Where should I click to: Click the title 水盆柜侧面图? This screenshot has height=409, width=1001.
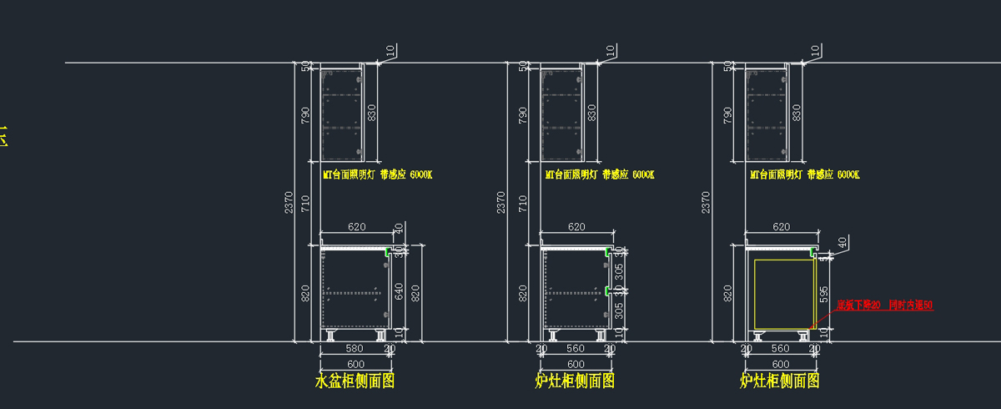tap(355, 381)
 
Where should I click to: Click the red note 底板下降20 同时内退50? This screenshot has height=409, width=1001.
tap(884, 305)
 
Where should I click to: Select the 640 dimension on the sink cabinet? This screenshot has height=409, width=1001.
tap(399, 291)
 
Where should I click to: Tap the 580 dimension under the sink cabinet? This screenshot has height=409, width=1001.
tap(355, 349)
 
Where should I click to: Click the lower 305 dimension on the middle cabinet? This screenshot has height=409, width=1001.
tap(619, 310)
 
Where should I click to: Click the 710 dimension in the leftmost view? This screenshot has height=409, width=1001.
tap(306, 203)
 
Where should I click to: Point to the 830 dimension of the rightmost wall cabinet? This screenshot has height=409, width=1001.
tap(797, 112)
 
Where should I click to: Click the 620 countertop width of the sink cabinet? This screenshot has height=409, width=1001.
tap(357, 227)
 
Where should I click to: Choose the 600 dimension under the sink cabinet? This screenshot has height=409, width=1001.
tap(355, 365)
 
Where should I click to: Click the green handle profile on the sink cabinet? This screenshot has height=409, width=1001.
tap(388, 250)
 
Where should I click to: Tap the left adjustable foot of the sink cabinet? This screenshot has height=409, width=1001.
tap(331, 336)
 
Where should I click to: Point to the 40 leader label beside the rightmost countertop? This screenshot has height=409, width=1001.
tap(843, 242)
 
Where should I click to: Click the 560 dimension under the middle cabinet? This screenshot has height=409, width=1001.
tap(576, 349)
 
